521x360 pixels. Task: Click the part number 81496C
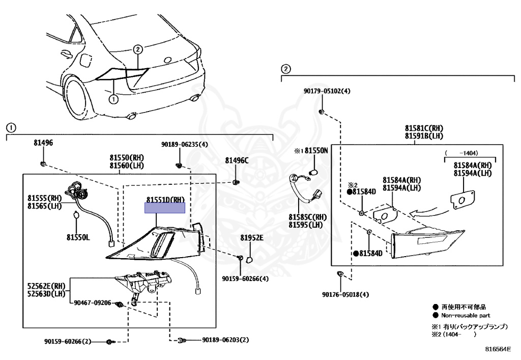pyautogui.click(x=237, y=161)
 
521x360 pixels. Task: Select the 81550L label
pyautogui.click(x=77, y=237)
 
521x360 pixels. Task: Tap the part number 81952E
pyautogui.click(x=252, y=238)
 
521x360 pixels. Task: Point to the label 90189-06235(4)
pyautogui.click(x=182, y=145)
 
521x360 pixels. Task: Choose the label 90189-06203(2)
pyautogui.click(x=226, y=340)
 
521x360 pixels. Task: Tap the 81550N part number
pyautogui.click(x=316, y=151)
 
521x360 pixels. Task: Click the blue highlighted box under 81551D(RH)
pyautogui.click(x=165, y=208)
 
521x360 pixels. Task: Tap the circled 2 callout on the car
pyautogui.click(x=138, y=49)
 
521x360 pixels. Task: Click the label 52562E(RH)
pyautogui.click(x=46, y=286)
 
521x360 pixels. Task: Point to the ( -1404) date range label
pyautogui.click(x=461, y=153)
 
